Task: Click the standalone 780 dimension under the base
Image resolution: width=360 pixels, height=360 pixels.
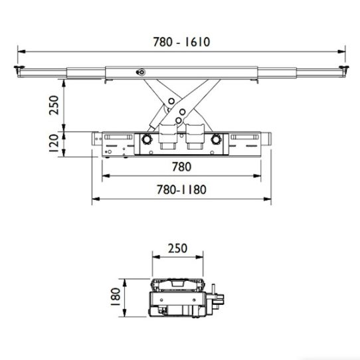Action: click(x=181, y=167)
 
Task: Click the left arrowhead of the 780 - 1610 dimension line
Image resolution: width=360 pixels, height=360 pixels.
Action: click(x=20, y=50)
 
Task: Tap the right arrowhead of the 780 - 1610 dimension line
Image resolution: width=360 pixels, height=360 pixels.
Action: click(x=343, y=50)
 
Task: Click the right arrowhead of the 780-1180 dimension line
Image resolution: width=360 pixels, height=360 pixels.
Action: click(x=271, y=198)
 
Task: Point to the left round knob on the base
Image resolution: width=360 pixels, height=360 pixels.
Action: click(x=145, y=141)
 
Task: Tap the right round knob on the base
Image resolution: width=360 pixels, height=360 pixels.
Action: click(x=215, y=141)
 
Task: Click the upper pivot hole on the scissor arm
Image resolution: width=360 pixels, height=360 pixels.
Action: click(x=171, y=101)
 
